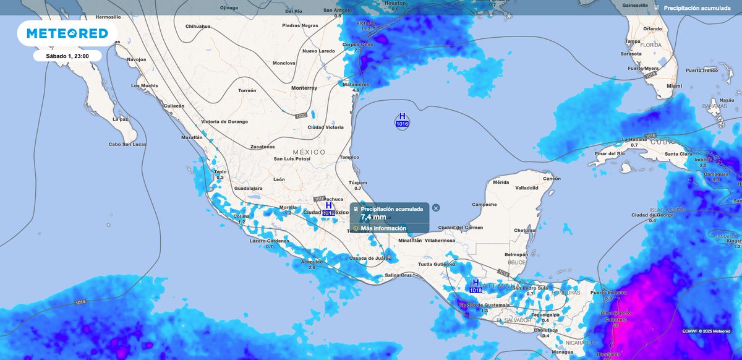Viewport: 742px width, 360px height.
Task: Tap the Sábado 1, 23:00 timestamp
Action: coord(67,56)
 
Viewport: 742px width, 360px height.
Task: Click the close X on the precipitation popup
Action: coord(436,208)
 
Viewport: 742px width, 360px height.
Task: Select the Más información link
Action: coord(383,228)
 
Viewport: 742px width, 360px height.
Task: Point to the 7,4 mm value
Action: coord(373,217)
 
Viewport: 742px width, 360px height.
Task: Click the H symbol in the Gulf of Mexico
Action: coord(403,116)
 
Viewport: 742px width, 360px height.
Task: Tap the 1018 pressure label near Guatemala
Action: coord(475,290)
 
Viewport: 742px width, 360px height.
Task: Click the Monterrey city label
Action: coord(304,88)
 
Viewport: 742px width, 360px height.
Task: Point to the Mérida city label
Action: coord(500,182)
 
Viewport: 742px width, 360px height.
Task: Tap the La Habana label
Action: coord(634,140)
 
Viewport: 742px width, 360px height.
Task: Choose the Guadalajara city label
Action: coord(249,187)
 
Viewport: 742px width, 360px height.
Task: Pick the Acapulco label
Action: coord(312,262)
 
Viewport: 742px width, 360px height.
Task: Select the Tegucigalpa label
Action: coord(545,314)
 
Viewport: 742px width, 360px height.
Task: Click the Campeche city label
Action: coord(484,204)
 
